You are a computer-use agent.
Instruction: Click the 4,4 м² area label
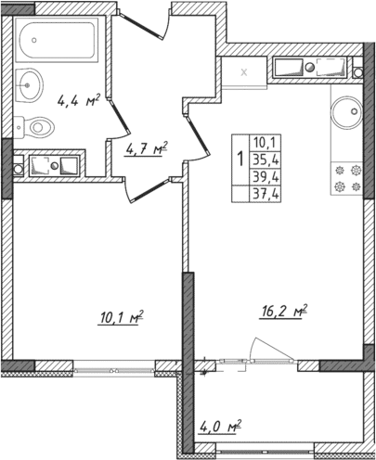[79, 102]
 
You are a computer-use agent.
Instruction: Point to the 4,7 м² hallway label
[146, 147]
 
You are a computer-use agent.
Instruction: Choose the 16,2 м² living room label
[281, 312]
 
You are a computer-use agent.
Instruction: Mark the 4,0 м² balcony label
[220, 428]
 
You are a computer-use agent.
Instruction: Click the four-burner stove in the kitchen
[346, 178]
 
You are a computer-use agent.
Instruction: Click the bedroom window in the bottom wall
[112, 368]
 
